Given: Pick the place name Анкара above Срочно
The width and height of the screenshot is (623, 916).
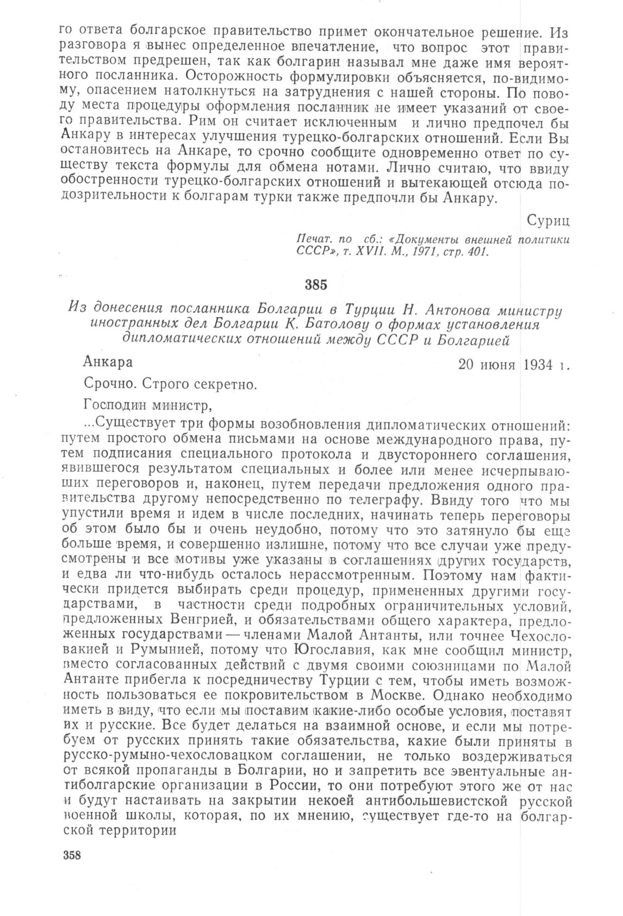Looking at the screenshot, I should coord(108,362).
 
